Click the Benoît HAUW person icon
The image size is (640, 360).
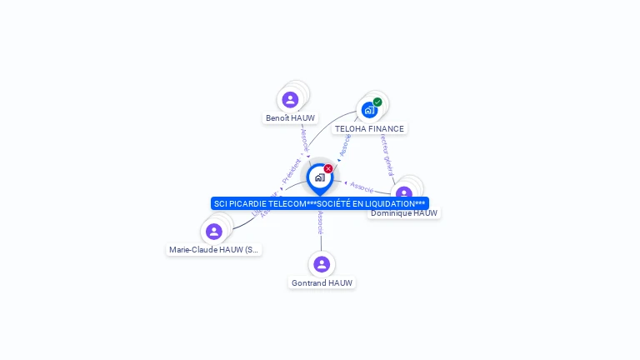[x=290, y=99]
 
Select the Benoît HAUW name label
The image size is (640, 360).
[x=290, y=118]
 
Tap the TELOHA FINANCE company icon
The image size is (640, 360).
[x=368, y=110]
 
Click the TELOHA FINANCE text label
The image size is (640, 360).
[x=369, y=129]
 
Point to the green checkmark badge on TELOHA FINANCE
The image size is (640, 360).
[x=377, y=102]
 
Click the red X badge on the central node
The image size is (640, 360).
[x=328, y=169]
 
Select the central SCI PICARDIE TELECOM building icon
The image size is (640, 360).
[x=319, y=177]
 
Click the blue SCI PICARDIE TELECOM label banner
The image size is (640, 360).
[x=319, y=203]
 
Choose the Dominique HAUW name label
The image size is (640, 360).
[x=404, y=213]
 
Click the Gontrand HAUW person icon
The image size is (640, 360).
[x=322, y=264]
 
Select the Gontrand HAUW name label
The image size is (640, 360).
[x=322, y=283]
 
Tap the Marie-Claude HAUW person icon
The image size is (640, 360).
[x=214, y=232]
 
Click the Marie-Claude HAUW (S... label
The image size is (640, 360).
[x=214, y=249]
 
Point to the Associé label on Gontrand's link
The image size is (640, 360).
[x=320, y=222]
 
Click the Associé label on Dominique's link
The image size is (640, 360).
[x=362, y=186]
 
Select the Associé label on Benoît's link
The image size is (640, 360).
[x=305, y=138]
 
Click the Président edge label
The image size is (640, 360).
[x=291, y=171]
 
